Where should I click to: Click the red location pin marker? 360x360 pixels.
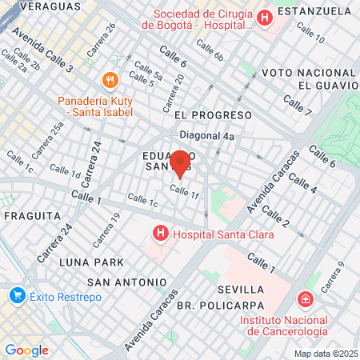tap(180, 163)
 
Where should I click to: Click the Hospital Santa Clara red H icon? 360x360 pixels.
tap(161, 234)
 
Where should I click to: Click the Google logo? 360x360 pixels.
tap(26, 350)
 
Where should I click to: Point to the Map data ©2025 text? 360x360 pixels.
tap(325, 354)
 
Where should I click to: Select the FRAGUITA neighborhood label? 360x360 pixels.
tap(32, 216)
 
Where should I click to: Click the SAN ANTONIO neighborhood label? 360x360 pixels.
tap(127, 282)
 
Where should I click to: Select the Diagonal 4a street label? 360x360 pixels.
tap(206, 136)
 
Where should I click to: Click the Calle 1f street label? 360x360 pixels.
tap(184, 192)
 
